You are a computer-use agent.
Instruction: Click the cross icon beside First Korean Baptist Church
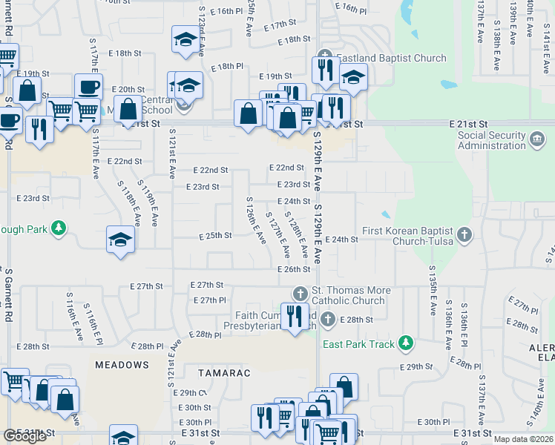point(464,235)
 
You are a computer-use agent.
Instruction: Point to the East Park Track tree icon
point(405,342)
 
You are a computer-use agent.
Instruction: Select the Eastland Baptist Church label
point(392,58)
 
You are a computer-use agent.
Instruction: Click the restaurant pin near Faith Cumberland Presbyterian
point(295,315)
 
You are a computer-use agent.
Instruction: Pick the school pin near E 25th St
point(120,239)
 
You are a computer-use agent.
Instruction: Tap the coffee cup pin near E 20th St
point(88,87)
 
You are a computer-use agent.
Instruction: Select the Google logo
point(24,436)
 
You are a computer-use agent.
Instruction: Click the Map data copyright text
point(524,439)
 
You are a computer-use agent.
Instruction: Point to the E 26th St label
point(294,269)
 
